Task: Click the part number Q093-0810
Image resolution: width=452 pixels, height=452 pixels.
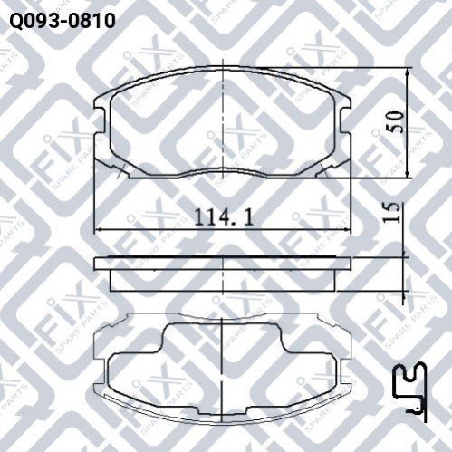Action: pos(63,21)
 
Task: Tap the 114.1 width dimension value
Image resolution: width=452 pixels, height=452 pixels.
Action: pos(224,217)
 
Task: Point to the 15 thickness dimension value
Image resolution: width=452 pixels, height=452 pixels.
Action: pos(391,213)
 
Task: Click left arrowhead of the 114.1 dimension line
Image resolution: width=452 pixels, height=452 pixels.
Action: pos(99,230)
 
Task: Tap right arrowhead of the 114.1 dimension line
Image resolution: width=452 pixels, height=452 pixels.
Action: pos(347,230)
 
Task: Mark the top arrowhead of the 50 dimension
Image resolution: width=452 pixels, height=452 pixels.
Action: pos(408,72)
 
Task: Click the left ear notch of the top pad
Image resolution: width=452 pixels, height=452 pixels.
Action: pos(101,120)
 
